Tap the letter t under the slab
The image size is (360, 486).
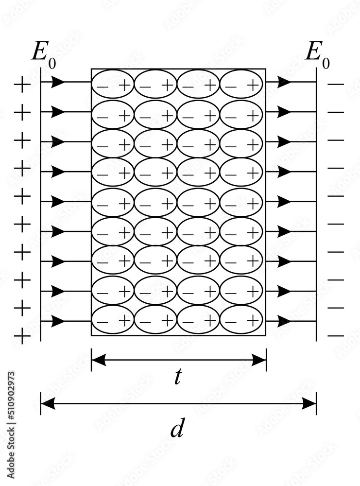coord(178,377)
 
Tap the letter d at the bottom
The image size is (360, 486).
coord(177,429)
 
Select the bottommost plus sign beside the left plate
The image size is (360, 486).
coord(22,335)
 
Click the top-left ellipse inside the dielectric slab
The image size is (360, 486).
coord(113,85)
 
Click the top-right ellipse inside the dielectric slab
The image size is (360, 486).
coord(241,85)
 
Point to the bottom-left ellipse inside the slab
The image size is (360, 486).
coord(113,320)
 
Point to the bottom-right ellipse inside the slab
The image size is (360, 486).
coord(241,320)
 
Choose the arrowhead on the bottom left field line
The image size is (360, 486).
coord(58,321)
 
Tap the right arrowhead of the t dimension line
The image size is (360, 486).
coord(259,360)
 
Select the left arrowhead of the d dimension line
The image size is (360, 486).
coord(47,403)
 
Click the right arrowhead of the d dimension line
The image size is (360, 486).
coord(309,403)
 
